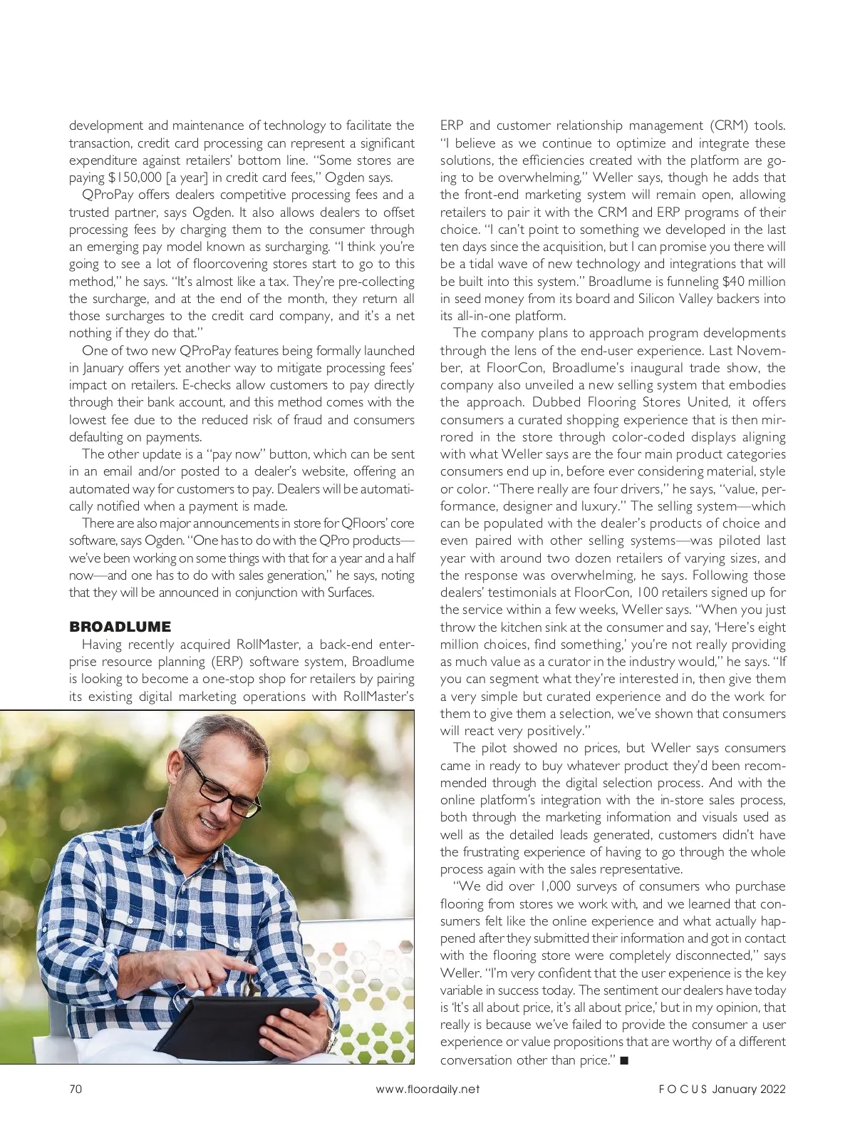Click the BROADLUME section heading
tap(120, 627)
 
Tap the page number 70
tap(76, 1089)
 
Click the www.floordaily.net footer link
tap(427, 1089)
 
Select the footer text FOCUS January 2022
tap(721, 1089)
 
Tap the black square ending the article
tap(624, 1060)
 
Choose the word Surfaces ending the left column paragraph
tap(350, 593)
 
